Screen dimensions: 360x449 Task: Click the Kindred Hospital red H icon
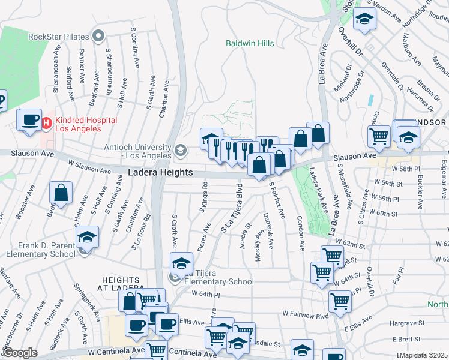47,123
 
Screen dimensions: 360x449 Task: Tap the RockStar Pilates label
58,37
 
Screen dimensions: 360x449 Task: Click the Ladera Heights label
161,172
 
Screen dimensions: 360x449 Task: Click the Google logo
20,353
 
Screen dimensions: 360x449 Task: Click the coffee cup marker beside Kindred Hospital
29,119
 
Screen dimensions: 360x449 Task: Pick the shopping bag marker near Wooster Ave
61,193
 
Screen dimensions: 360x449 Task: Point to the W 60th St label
383,212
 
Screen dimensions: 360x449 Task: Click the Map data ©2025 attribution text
424,355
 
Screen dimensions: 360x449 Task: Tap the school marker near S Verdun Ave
364,20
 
